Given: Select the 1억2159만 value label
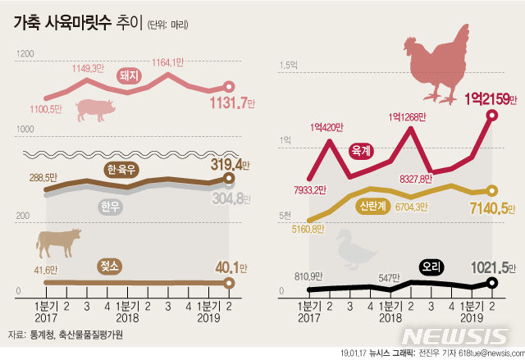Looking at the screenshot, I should (491, 99).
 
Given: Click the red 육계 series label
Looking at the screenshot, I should (361, 151).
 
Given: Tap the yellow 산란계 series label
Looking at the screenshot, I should (372, 207).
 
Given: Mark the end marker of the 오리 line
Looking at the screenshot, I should (491, 283).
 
